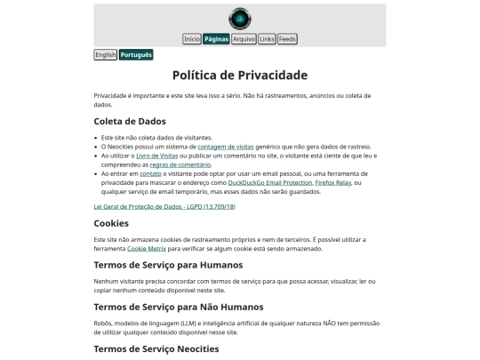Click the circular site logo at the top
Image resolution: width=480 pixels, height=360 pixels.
tap(239, 18)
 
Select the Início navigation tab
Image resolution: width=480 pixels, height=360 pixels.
tap(192, 39)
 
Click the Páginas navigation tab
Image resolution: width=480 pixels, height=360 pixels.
tap(216, 39)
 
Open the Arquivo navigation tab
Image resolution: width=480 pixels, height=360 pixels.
tap(244, 39)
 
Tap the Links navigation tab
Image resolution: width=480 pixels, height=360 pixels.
tap(267, 39)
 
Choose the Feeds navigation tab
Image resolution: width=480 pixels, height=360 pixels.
tap(287, 39)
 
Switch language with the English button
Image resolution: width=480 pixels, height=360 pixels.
tap(106, 55)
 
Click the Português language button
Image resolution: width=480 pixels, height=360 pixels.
tap(136, 55)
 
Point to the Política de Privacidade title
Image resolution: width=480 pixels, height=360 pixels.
tap(240, 76)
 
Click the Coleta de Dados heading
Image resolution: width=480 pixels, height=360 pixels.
tap(130, 121)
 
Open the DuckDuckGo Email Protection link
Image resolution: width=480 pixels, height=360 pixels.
tap(269, 182)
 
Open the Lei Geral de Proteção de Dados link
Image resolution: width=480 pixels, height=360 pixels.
tap(164, 206)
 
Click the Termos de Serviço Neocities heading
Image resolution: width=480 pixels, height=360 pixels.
tap(156, 348)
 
